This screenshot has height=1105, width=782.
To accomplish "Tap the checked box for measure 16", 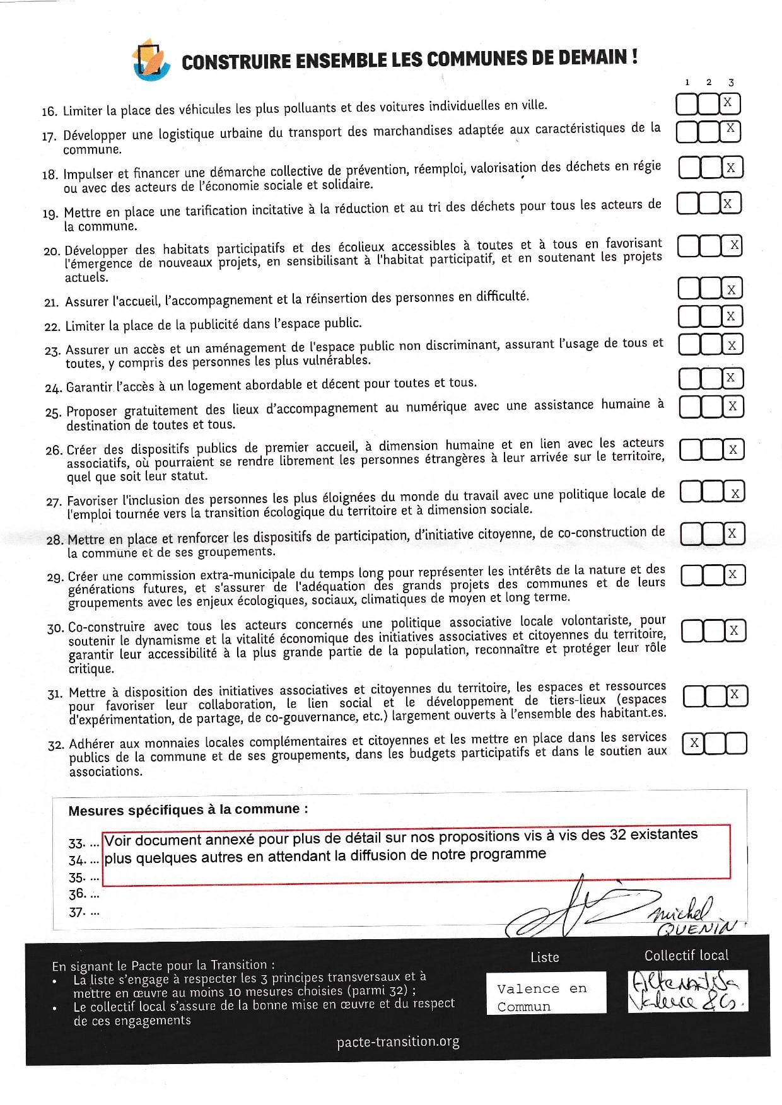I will click(728, 103).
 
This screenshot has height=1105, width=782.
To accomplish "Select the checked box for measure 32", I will click(694, 743).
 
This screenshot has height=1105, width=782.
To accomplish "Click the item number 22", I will click(52, 327).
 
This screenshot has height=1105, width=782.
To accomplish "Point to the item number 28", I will click(54, 540).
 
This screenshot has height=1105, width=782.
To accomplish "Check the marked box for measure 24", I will click(730, 378).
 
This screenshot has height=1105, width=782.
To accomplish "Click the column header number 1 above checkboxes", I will click(687, 82).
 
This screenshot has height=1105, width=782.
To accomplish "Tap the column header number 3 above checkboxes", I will click(731, 82).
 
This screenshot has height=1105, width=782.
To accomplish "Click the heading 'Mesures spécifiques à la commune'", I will click(188, 810).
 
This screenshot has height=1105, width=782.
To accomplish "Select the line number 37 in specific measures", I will click(76, 912).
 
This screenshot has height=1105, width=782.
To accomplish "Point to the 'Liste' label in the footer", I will click(545, 957).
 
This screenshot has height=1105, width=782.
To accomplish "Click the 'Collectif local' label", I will click(686, 956).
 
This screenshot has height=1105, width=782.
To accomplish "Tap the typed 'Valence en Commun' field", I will click(546, 997).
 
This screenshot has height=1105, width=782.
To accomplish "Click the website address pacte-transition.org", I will click(398, 1042).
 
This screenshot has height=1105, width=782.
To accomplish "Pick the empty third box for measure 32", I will click(736, 743).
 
